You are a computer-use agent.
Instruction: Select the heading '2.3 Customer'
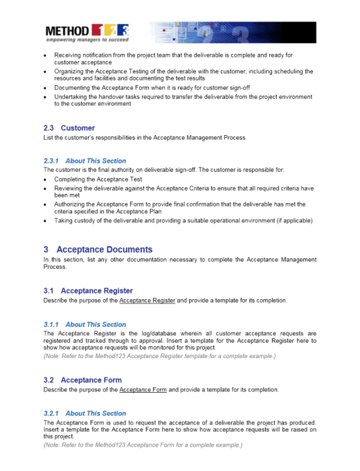[69, 128]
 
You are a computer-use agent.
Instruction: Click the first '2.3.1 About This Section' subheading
[84, 161]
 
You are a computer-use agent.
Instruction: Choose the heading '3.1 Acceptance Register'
[88, 291]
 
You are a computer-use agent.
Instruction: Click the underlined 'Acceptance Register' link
[147, 301]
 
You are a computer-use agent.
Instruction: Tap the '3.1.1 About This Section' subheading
[84, 324]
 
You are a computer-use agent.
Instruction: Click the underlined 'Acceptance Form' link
[143, 390]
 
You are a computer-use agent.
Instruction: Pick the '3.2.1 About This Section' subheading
[84, 414]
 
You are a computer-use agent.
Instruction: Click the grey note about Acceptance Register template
[159, 356]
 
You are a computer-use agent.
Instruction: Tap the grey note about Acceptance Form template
[143, 445]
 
